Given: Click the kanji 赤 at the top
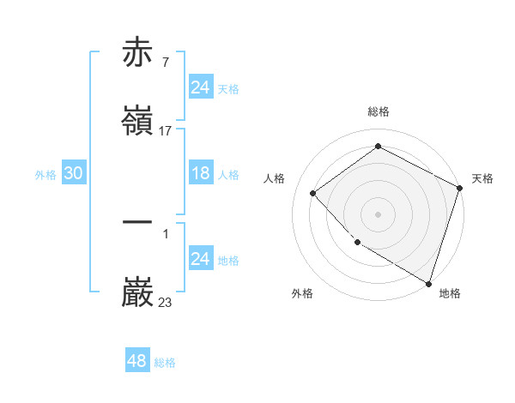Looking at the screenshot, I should click(138, 53).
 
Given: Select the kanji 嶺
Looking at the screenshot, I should click(138, 122).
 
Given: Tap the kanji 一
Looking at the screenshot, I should click(138, 221).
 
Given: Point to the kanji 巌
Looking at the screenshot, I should click(138, 292).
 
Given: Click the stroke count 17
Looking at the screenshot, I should click(166, 131).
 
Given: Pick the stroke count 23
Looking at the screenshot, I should click(166, 302).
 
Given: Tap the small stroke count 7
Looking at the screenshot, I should click(165, 63).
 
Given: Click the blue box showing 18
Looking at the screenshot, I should click(200, 173).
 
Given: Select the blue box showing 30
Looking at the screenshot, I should click(74, 173).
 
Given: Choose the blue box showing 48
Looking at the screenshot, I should click(137, 361).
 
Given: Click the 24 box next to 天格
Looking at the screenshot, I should click(200, 87).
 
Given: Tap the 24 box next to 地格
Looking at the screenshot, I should click(200, 259).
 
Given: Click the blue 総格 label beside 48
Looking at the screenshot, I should click(166, 363).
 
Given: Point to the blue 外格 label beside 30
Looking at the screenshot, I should click(45, 175).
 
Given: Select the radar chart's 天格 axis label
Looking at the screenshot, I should click(482, 178).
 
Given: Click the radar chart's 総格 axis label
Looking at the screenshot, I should click(379, 111).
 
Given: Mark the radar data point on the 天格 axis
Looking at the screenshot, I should click(459, 187).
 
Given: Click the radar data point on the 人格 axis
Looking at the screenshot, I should click(313, 193).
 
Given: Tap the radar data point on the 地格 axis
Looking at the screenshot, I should click(428, 282).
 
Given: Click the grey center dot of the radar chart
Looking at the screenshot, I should click(379, 214).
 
